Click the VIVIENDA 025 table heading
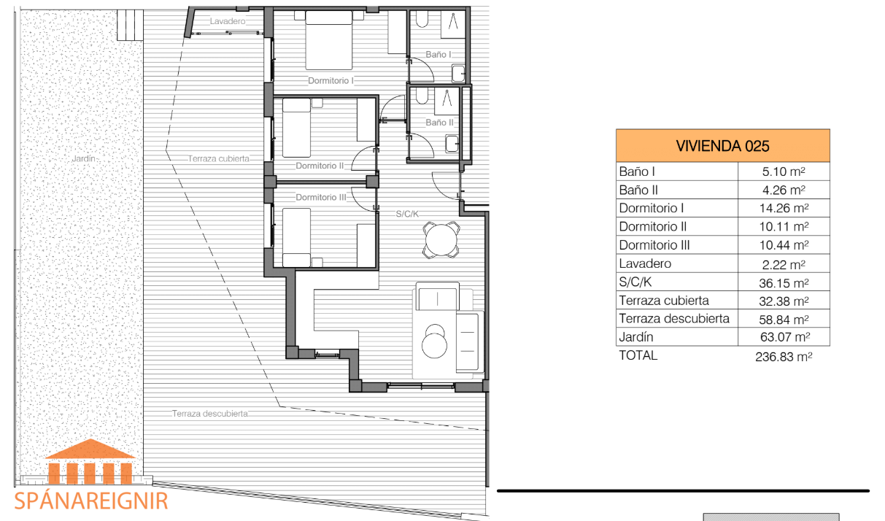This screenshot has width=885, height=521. coord(722,146)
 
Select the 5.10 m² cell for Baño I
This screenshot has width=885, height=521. coord(784,171)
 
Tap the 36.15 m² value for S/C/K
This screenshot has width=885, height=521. coord(784,283)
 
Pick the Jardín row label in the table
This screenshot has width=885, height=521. coord(636,337)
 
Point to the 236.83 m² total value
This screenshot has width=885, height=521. coord(784,357)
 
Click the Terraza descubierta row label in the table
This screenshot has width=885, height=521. coord(674,318)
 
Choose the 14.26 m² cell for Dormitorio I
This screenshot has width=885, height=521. coord(784,208)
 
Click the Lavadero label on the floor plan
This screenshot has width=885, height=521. coord(228,21)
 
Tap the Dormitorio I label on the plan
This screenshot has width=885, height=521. coord(331,80)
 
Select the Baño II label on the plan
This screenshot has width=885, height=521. coord(439,123)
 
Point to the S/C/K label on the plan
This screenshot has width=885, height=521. coord(407,214)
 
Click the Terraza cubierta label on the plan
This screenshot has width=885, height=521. coord(218,158)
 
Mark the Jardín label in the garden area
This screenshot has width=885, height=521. coord(84,158)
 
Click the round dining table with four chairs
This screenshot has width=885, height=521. coord(441,240)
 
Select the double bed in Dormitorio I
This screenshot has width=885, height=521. coord(329,40)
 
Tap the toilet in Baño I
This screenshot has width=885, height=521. coord(422,19)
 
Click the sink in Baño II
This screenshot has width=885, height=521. coord(452,143)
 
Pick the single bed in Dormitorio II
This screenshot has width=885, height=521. coord(296,128)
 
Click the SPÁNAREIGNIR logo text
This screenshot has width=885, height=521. coord(91,501)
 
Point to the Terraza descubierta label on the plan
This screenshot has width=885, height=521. coord(210,414)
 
